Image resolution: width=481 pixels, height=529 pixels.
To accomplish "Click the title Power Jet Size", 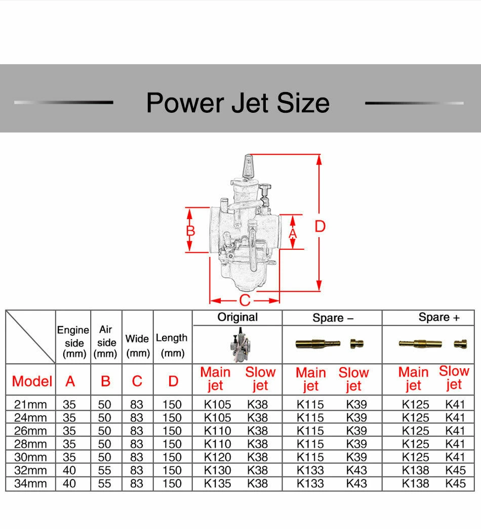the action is point(238,103).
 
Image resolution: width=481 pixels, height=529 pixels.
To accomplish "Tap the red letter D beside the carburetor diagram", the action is point(320,226).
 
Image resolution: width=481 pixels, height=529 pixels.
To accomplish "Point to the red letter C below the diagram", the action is point(245,300).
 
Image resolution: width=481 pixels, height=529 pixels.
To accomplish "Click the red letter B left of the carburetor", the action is point(190,231).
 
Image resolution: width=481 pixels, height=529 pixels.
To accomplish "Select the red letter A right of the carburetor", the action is point(293,234).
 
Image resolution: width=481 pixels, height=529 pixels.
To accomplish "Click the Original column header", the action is point(237,317).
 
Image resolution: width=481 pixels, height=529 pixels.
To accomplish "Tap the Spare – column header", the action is point(333,318).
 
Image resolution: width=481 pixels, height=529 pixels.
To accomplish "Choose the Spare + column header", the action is point(439,317).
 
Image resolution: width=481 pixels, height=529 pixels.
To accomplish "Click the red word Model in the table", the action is point(32,381).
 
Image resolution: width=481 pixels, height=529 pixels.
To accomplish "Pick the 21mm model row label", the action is point(30,404).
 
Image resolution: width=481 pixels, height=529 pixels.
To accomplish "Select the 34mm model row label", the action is point(30,483).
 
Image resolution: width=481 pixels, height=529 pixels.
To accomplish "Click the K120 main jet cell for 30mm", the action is point(218,457).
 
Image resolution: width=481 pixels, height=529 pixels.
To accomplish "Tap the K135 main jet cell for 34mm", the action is point(218,483).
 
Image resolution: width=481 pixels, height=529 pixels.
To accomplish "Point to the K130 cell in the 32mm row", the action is point(218,470).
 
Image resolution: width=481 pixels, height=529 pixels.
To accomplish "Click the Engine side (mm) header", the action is point(73,342).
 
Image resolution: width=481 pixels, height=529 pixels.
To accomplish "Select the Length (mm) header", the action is point(172,345).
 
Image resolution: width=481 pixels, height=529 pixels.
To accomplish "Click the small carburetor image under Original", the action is point(240,344).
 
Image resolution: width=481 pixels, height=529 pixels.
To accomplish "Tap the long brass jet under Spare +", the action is point(420,344).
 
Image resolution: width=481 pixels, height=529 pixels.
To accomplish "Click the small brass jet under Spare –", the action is point(356,344).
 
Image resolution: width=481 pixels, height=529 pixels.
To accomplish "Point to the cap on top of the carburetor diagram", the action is point(249,167).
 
